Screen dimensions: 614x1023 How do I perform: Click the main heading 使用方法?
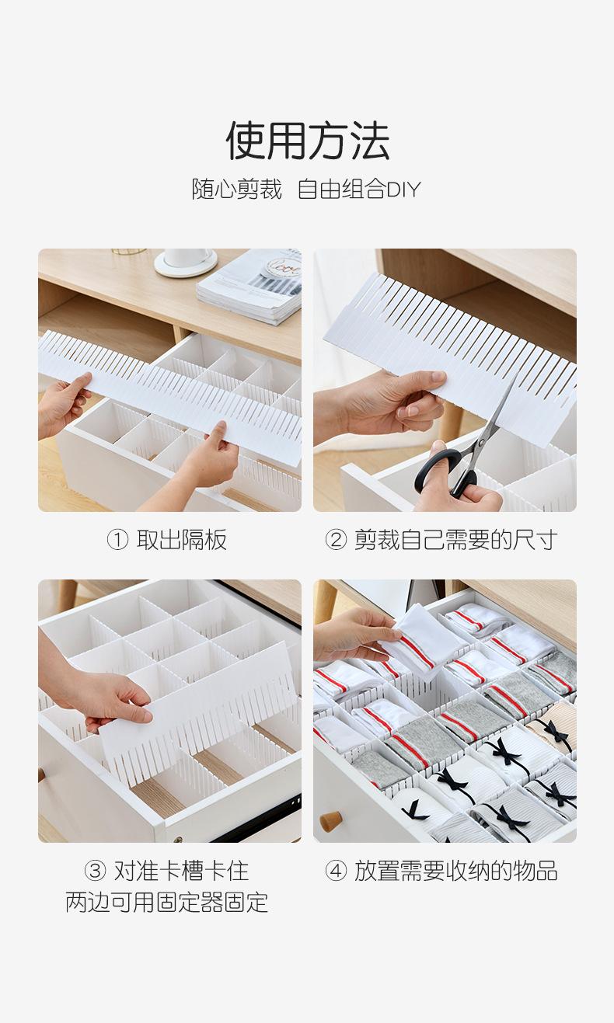(x=308, y=141)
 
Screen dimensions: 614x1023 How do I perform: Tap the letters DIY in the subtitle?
(x=403, y=190)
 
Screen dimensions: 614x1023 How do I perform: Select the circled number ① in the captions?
(x=117, y=540)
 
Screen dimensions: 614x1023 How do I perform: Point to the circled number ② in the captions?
(x=336, y=540)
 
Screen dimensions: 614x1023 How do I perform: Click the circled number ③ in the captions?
(x=95, y=871)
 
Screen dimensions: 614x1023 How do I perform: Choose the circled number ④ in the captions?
(x=336, y=871)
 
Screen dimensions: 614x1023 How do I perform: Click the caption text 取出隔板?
(x=181, y=540)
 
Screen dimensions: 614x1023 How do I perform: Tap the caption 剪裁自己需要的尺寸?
(x=456, y=540)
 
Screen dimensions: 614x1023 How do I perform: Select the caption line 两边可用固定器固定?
(x=167, y=902)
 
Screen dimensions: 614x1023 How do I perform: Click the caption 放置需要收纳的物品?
(x=456, y=871)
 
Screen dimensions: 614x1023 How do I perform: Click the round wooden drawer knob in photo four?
(x=330, y=821)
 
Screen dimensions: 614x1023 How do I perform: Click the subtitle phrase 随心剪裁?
(x=236, y=190)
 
